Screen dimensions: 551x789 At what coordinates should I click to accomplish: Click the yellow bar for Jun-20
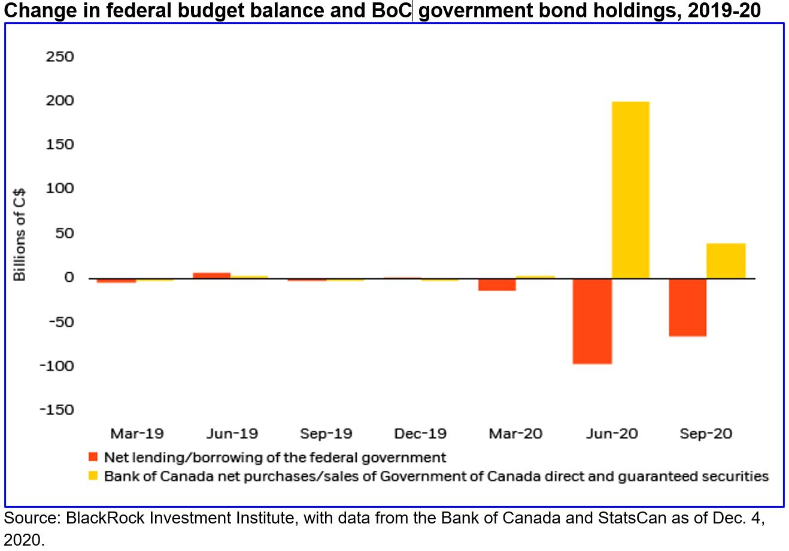(630, 190)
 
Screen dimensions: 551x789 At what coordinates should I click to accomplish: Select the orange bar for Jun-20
(592, 321)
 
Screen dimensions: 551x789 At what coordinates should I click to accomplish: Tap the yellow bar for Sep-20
(726, 261)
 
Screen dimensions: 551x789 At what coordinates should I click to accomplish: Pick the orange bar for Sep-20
(687, 307)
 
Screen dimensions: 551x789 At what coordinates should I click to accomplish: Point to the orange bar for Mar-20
(496, 284)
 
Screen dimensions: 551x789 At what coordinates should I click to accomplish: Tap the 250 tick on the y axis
(59, 57)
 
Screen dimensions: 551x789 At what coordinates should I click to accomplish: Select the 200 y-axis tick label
(59, 101)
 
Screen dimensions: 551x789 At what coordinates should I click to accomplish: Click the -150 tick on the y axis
(56, 410)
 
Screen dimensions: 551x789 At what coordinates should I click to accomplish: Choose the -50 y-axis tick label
(59, 321)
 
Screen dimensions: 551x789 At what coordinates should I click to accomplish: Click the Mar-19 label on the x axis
(136, 434)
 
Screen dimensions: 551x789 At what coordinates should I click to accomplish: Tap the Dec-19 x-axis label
(421, 434)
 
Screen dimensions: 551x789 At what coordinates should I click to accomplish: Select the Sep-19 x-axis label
(326, 434)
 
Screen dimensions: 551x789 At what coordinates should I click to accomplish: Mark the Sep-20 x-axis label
(706, 434)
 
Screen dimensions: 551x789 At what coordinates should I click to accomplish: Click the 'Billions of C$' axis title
(20, 235)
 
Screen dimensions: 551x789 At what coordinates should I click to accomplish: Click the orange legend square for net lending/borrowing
(93, 457)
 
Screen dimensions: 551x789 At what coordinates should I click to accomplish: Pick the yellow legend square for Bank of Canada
(93, 476)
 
